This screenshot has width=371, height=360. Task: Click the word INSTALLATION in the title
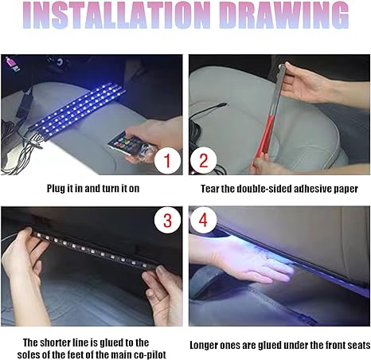(117, 15)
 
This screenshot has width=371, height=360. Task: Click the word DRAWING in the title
(284, 15)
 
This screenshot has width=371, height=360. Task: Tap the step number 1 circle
(167, 161)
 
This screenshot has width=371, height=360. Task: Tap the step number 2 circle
(204, 160)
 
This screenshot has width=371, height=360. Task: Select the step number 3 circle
(167, 221)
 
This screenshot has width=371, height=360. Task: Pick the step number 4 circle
(203, 220)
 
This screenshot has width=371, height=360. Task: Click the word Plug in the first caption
(57, 189)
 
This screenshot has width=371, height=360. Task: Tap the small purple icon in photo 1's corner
(10, 62)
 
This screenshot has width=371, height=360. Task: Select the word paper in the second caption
(346, 190)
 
